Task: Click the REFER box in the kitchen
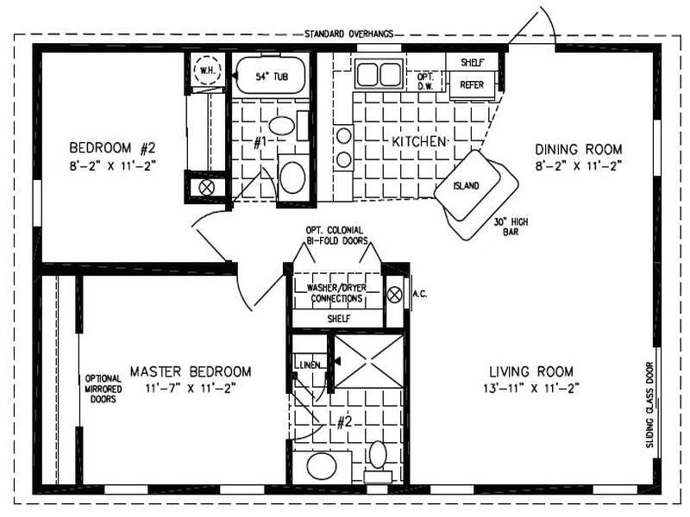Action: coord(472,85)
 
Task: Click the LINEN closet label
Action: coord(310,364)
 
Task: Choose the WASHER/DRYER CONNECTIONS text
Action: coord(335,293)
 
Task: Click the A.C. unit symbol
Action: coord(395,294)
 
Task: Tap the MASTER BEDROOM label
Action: coord(191,371)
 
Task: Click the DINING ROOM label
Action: coord(578,148)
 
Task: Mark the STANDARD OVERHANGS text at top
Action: coord(349,34)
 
